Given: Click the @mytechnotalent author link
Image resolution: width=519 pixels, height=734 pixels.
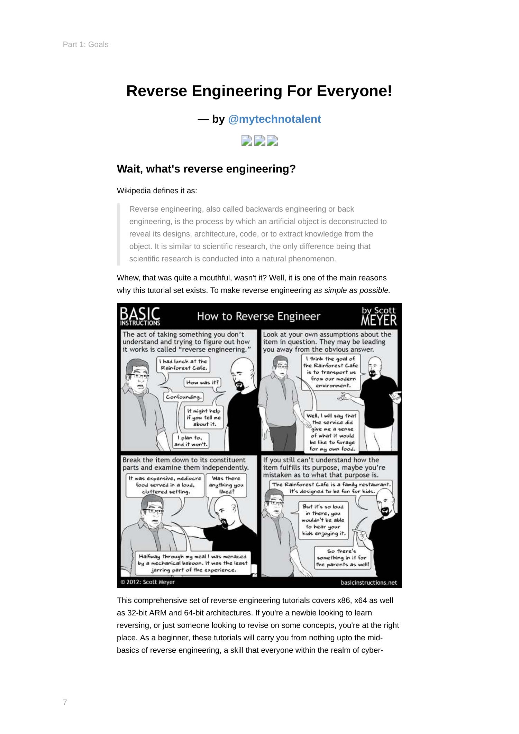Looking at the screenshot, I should [274, 119].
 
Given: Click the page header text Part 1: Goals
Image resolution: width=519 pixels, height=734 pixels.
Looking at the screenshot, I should [85, 45].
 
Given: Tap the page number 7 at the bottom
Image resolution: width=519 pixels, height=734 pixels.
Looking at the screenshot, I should [65, 702].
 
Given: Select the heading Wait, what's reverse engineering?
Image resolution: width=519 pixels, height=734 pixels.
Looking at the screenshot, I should [206, 169].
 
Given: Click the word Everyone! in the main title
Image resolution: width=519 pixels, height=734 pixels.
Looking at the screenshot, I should [354, 91].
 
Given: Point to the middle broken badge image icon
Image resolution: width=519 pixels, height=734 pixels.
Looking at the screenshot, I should [259, 141].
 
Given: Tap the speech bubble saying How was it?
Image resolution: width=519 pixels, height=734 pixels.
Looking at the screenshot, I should [202, 382].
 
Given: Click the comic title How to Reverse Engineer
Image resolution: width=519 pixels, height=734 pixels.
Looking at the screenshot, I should [259, 316].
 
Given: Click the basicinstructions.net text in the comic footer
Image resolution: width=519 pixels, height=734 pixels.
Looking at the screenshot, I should [368, 583].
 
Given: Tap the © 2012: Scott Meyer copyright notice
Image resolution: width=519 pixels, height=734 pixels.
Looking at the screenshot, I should [148, 582].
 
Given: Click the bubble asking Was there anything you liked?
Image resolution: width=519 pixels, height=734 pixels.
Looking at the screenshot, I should [226, 485].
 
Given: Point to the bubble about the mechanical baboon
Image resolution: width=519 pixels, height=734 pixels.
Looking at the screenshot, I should [192, 563].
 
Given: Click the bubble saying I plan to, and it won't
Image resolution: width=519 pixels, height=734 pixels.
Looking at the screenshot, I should [191, 441].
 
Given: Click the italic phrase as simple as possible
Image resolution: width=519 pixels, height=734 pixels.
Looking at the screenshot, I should [352, 290].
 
